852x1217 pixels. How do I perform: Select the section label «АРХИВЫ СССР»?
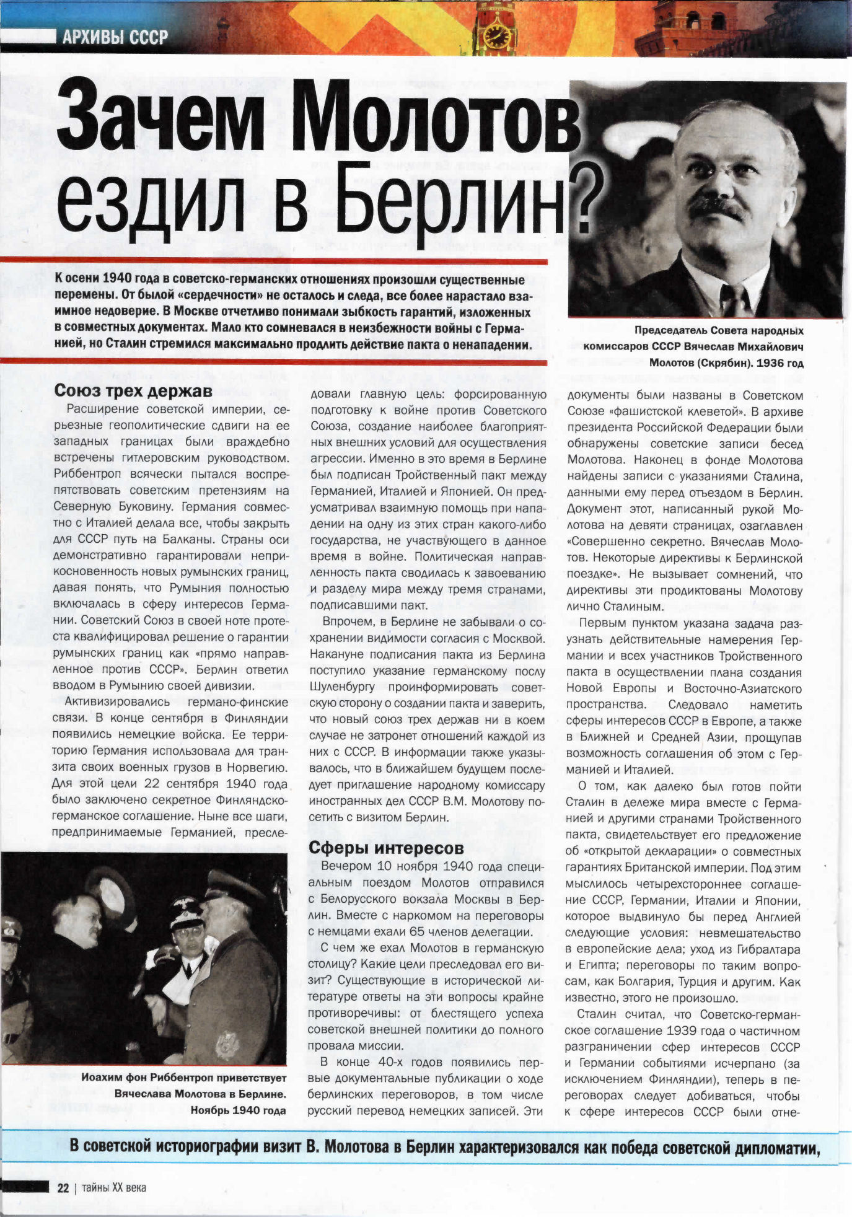(x=115, y=38)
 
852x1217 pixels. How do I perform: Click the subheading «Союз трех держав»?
(x=133, y=390)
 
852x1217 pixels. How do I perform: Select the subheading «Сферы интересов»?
(x=386, y=847)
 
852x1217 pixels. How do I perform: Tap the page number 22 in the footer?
(x=63, y=1187)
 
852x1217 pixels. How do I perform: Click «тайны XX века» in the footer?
(x=114, y=1187)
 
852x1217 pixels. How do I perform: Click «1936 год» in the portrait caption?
(x=780, y=362)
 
